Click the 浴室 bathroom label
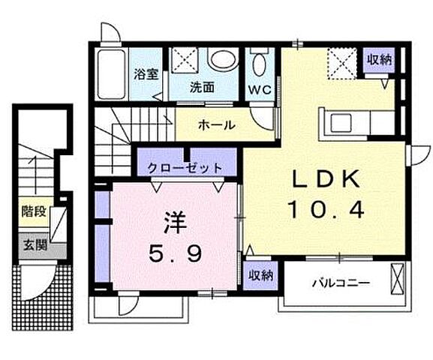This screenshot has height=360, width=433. tap(145, 74)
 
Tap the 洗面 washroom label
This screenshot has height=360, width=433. tap(202, 88)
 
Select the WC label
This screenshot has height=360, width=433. tap(260, 88)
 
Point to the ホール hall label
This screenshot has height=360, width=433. tap(217, 125)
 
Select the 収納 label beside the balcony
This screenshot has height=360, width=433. tap(261, 275)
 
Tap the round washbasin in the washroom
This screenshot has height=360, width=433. tap(221, 60)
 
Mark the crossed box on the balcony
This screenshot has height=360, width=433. tap(398, 282)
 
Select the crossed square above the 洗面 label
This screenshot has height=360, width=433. tap(182, 60)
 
